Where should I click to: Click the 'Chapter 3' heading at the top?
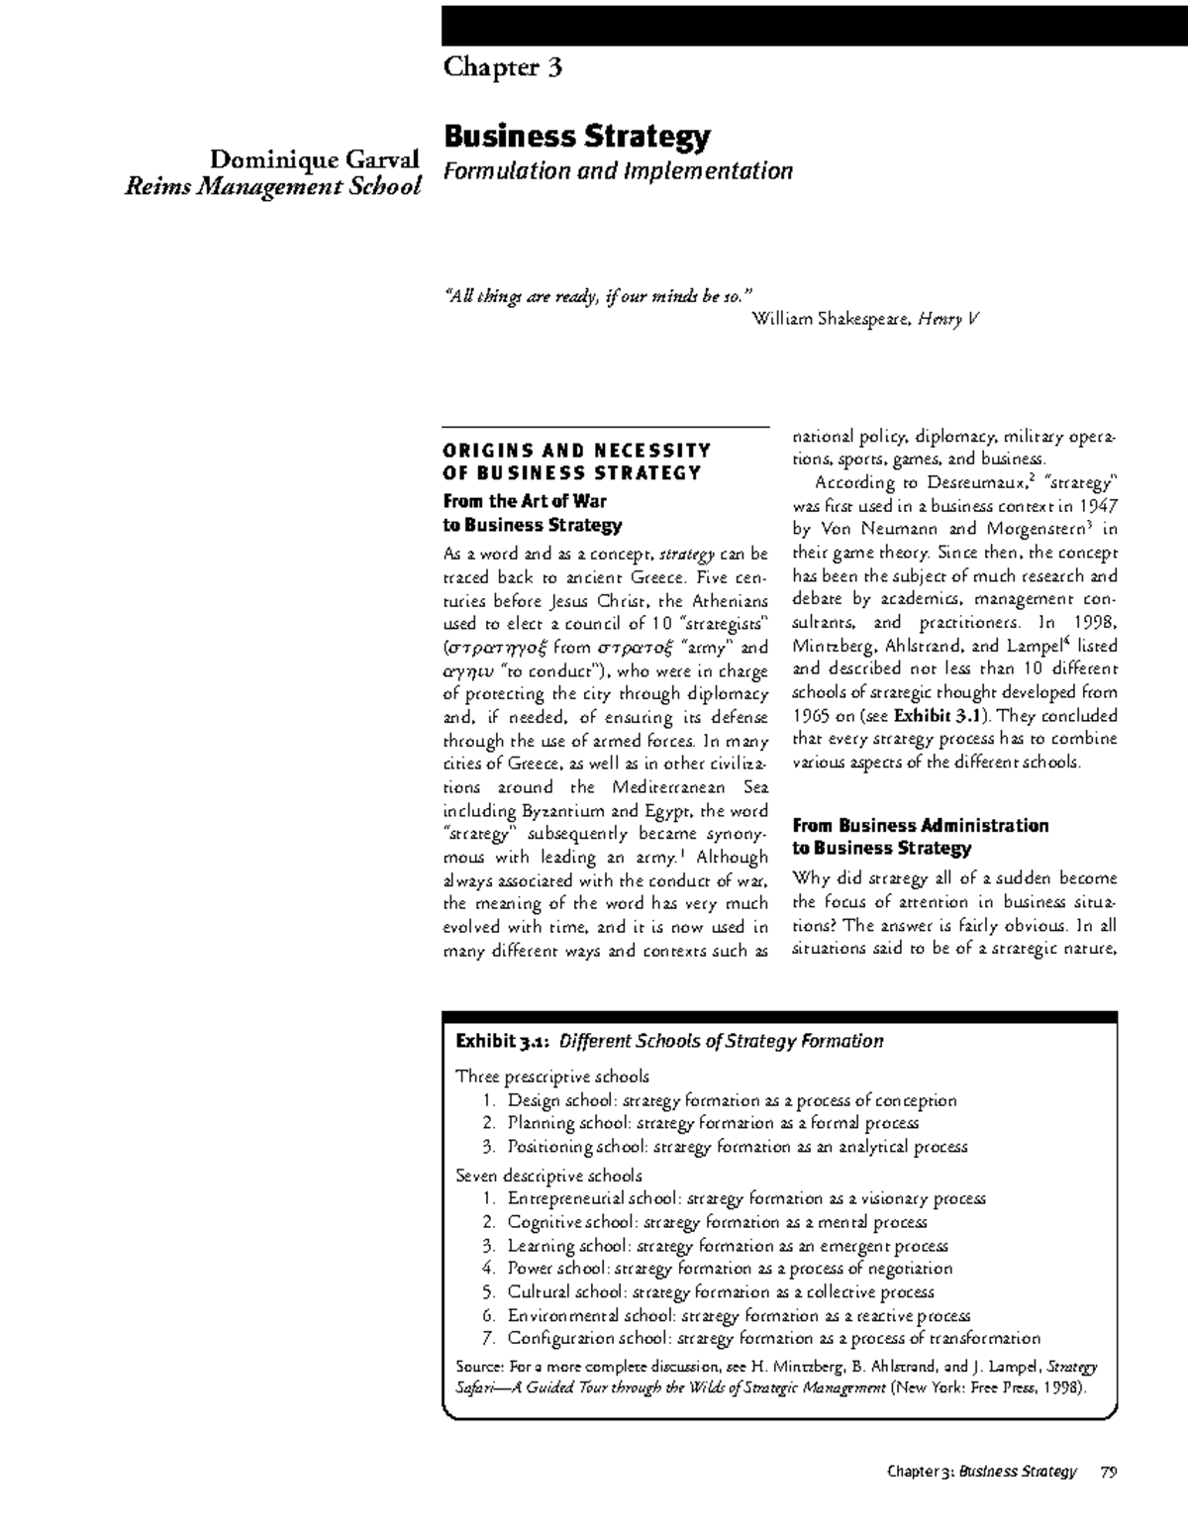tap(503, 67)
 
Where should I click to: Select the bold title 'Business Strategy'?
tap(576, 136)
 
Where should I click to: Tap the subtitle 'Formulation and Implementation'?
tap(618, 171)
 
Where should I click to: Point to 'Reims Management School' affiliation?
tap(272, 185)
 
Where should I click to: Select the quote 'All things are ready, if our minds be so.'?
tap(597, 295)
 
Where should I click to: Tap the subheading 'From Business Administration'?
tap(920, 825)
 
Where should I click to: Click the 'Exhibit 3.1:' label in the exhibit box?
tap(503, 1041)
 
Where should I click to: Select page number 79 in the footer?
tap(1107, 1472)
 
